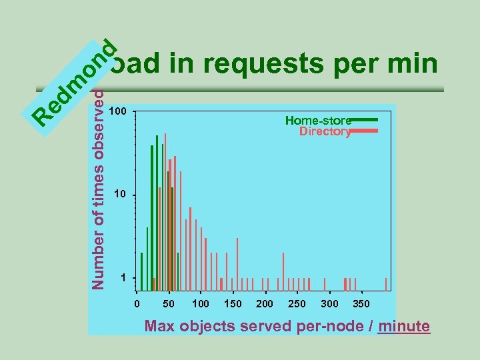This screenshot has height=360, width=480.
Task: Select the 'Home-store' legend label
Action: pos(317,121)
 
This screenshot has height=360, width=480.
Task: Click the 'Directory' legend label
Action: pos(325,132)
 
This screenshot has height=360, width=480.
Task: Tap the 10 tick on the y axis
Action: pos(120,195)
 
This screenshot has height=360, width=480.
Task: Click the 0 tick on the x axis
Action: pos(137,304)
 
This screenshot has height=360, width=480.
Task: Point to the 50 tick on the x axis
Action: pos(169,304)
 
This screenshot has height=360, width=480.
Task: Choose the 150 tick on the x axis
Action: pos(233,304)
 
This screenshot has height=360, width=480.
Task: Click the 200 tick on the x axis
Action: pos(265,304)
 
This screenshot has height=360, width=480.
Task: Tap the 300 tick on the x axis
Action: pos(329,304)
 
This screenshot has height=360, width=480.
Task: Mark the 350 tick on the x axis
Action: pos(361,304)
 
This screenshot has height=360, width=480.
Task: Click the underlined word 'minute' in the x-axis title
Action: pos(403,327)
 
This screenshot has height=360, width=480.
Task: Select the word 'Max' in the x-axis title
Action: pos(160,327)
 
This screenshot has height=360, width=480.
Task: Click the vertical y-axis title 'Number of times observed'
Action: pos(98,193)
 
